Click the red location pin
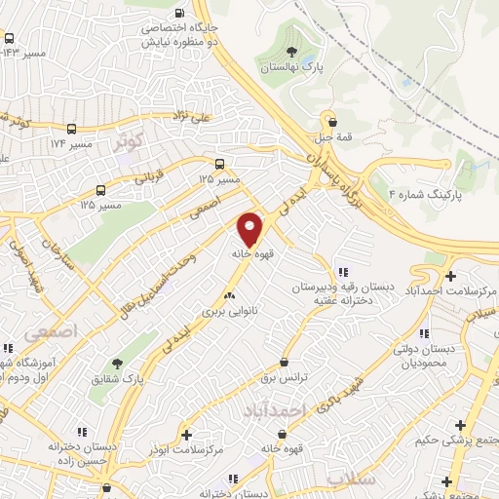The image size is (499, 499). [251, 228]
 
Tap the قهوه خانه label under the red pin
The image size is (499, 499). [251, 251]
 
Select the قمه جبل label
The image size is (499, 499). [336, 136]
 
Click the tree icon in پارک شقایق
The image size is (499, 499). [118, 364]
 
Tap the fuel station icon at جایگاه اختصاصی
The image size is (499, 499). [178, 13]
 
